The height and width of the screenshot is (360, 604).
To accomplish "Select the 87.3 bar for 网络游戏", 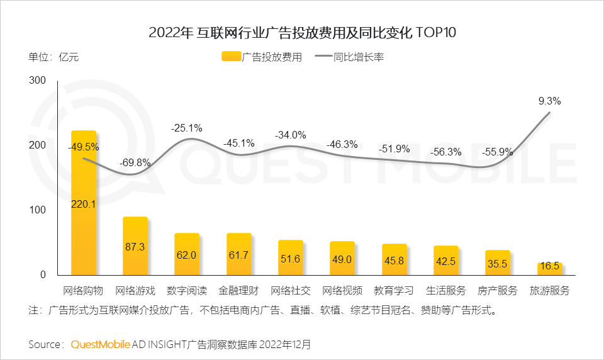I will pos(135,246).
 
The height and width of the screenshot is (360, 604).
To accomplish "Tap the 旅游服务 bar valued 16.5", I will pos(549,269).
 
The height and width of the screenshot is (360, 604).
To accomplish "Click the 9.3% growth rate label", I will pos(549,101).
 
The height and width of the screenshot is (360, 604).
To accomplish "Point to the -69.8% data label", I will pos(135,162).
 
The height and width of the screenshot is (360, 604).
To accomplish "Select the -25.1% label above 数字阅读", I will pos(186,128).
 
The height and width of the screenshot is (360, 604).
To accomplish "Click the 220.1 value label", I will pos(84,204).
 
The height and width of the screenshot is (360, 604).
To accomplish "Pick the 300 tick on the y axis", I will pos(38,81).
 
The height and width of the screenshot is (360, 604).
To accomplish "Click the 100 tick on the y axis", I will pos(38,210).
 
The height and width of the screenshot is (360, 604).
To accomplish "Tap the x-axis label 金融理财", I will pos(238,291).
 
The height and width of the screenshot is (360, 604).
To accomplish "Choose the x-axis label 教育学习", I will pos(393,291).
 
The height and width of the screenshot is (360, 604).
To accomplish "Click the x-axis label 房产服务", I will pos(497,291).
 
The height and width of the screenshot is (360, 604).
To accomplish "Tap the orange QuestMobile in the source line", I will pos(101,344).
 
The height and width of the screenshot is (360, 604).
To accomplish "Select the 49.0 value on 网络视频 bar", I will pos(342,259).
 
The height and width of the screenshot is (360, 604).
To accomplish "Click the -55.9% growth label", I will pos(497,152).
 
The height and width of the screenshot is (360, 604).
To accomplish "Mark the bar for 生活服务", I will pos(445,260).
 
